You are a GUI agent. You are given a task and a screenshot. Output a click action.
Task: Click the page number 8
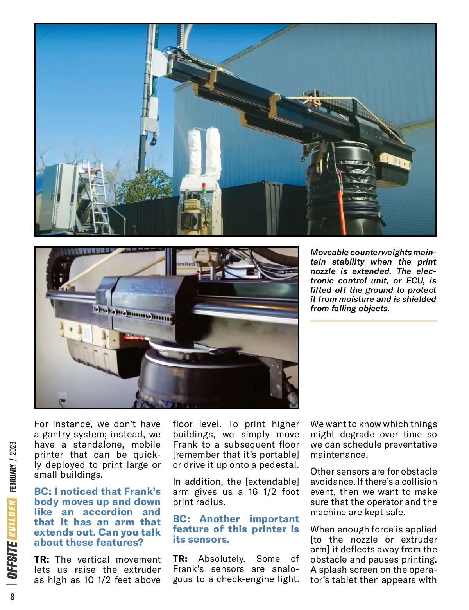coord(13,596)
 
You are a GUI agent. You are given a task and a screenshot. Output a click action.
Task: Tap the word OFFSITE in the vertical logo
coord(13,559)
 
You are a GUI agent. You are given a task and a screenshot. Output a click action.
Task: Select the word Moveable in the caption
coord(329,253)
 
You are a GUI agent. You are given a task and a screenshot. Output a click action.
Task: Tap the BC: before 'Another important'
coord(181,519)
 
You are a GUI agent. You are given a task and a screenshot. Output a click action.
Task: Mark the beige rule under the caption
coord(373,321)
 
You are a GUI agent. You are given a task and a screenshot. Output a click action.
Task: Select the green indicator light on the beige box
coord(71,330)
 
